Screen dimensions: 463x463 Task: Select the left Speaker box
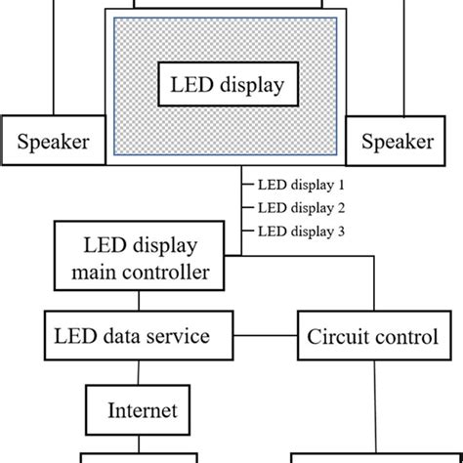54,143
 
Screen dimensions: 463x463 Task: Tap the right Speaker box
398,143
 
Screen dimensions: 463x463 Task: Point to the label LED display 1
302,184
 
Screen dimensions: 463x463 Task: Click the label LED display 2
302,207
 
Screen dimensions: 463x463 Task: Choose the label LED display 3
302,231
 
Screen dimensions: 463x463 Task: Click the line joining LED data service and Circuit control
267,337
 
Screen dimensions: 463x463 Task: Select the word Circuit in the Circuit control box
337,338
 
